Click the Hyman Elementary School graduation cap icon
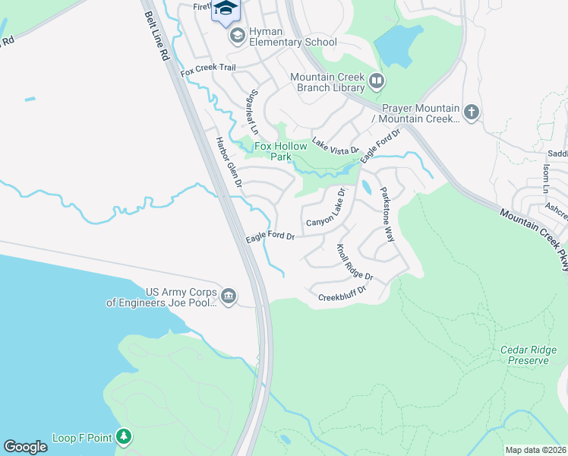point(237,35)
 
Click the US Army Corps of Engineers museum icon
point(228,295)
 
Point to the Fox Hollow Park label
point(281,151)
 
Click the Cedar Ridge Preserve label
point(524,355)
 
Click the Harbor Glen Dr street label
point(227,163)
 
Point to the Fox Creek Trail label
point(208,68)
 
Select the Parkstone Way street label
point(387,214)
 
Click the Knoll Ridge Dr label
point(354,262)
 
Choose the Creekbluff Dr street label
point(342,291)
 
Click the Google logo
point(25,446)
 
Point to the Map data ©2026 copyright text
point(535,450)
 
